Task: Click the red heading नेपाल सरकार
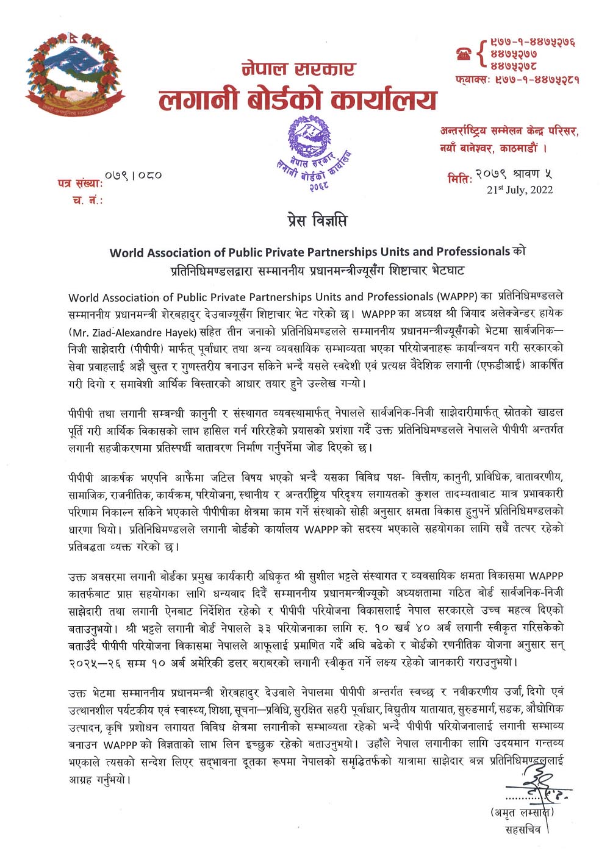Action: click(x=298, y=69)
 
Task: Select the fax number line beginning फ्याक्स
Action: click(x=517, y=80)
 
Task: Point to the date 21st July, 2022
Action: click(x=520, y=190)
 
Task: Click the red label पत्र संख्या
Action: click(x=80, y=183)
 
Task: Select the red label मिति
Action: click(x=460, y=179)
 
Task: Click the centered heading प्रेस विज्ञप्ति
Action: click(x=317, y=220)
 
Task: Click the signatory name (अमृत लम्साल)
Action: click(x=522, y=813)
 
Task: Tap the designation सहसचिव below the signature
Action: click(x=523, y=830)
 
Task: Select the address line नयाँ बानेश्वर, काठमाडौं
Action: click(x=493, y=148)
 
